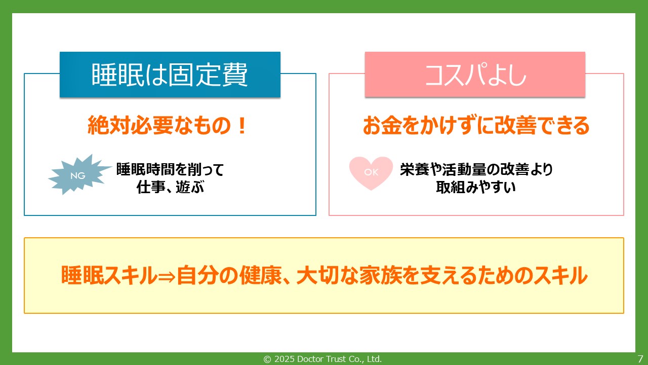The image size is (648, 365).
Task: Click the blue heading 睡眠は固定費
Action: [x=170, y=75]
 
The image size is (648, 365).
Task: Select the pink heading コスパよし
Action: [x=475, y=75]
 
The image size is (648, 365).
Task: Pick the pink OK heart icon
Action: [x=371, y=173]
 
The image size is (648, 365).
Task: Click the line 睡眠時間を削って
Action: [x=170, y=169]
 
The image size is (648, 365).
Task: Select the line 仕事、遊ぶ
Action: [x=170, y=188]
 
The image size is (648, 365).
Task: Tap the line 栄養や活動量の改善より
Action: [x=476, y=169]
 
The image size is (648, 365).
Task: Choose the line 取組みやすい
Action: [x=476, y=188]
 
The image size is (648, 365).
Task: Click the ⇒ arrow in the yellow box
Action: [x=167, y=276]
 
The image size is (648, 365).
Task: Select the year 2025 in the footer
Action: [x=283, y=359]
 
